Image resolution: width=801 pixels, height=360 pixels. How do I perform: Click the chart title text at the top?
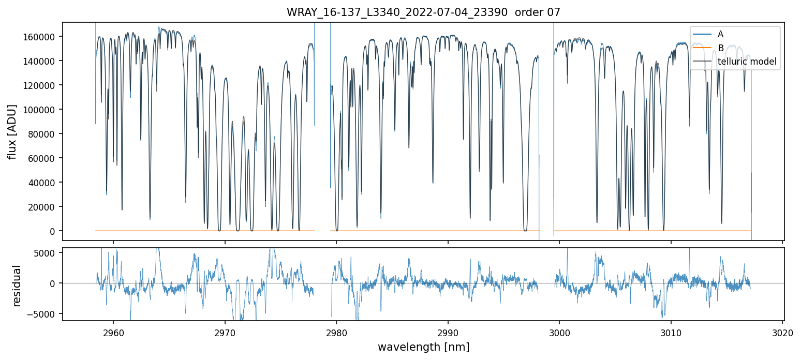tap(423, 12)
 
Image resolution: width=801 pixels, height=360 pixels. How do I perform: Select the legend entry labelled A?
tap(720, 34)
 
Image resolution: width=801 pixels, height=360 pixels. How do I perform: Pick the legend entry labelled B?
tap(720, 48)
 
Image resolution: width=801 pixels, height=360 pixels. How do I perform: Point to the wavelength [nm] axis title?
tap(423, 347)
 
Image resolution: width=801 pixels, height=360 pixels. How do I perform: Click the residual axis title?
tap(17, 286)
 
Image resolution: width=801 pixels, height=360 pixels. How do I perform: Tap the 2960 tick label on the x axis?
tap(113, 331)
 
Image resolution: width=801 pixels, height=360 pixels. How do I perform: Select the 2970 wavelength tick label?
tap(225, 331)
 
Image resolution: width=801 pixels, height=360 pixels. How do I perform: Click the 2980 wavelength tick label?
tap(337, 331)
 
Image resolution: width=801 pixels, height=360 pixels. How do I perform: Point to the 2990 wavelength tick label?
tap(448, 331)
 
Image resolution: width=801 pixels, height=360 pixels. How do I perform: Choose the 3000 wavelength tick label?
tap(560, 331)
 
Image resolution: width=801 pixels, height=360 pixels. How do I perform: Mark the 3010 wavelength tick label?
tap(671, 331)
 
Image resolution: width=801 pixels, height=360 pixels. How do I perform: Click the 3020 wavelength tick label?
tap(782, 331)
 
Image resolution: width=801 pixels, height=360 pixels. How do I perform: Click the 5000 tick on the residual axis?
tap(47, 253)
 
